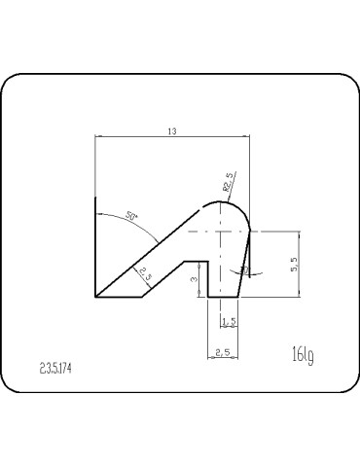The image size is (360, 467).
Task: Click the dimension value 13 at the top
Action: [171, 132]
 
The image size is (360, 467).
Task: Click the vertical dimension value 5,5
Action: [294, 265]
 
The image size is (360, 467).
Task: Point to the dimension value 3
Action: [194, 279]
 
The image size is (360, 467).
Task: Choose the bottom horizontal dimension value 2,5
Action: [224, 352]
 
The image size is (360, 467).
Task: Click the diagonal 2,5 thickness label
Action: [145, 275]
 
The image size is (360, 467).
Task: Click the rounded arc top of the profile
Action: [226, 201]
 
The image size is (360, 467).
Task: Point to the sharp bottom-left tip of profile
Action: [95, 295]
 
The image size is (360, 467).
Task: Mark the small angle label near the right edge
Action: [245, 269]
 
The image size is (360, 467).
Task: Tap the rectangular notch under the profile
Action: [197, 278]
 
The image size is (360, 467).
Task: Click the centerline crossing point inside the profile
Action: [226, 233]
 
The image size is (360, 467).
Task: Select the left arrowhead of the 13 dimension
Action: [98, 138]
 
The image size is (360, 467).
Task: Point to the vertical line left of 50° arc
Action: [95, 243]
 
